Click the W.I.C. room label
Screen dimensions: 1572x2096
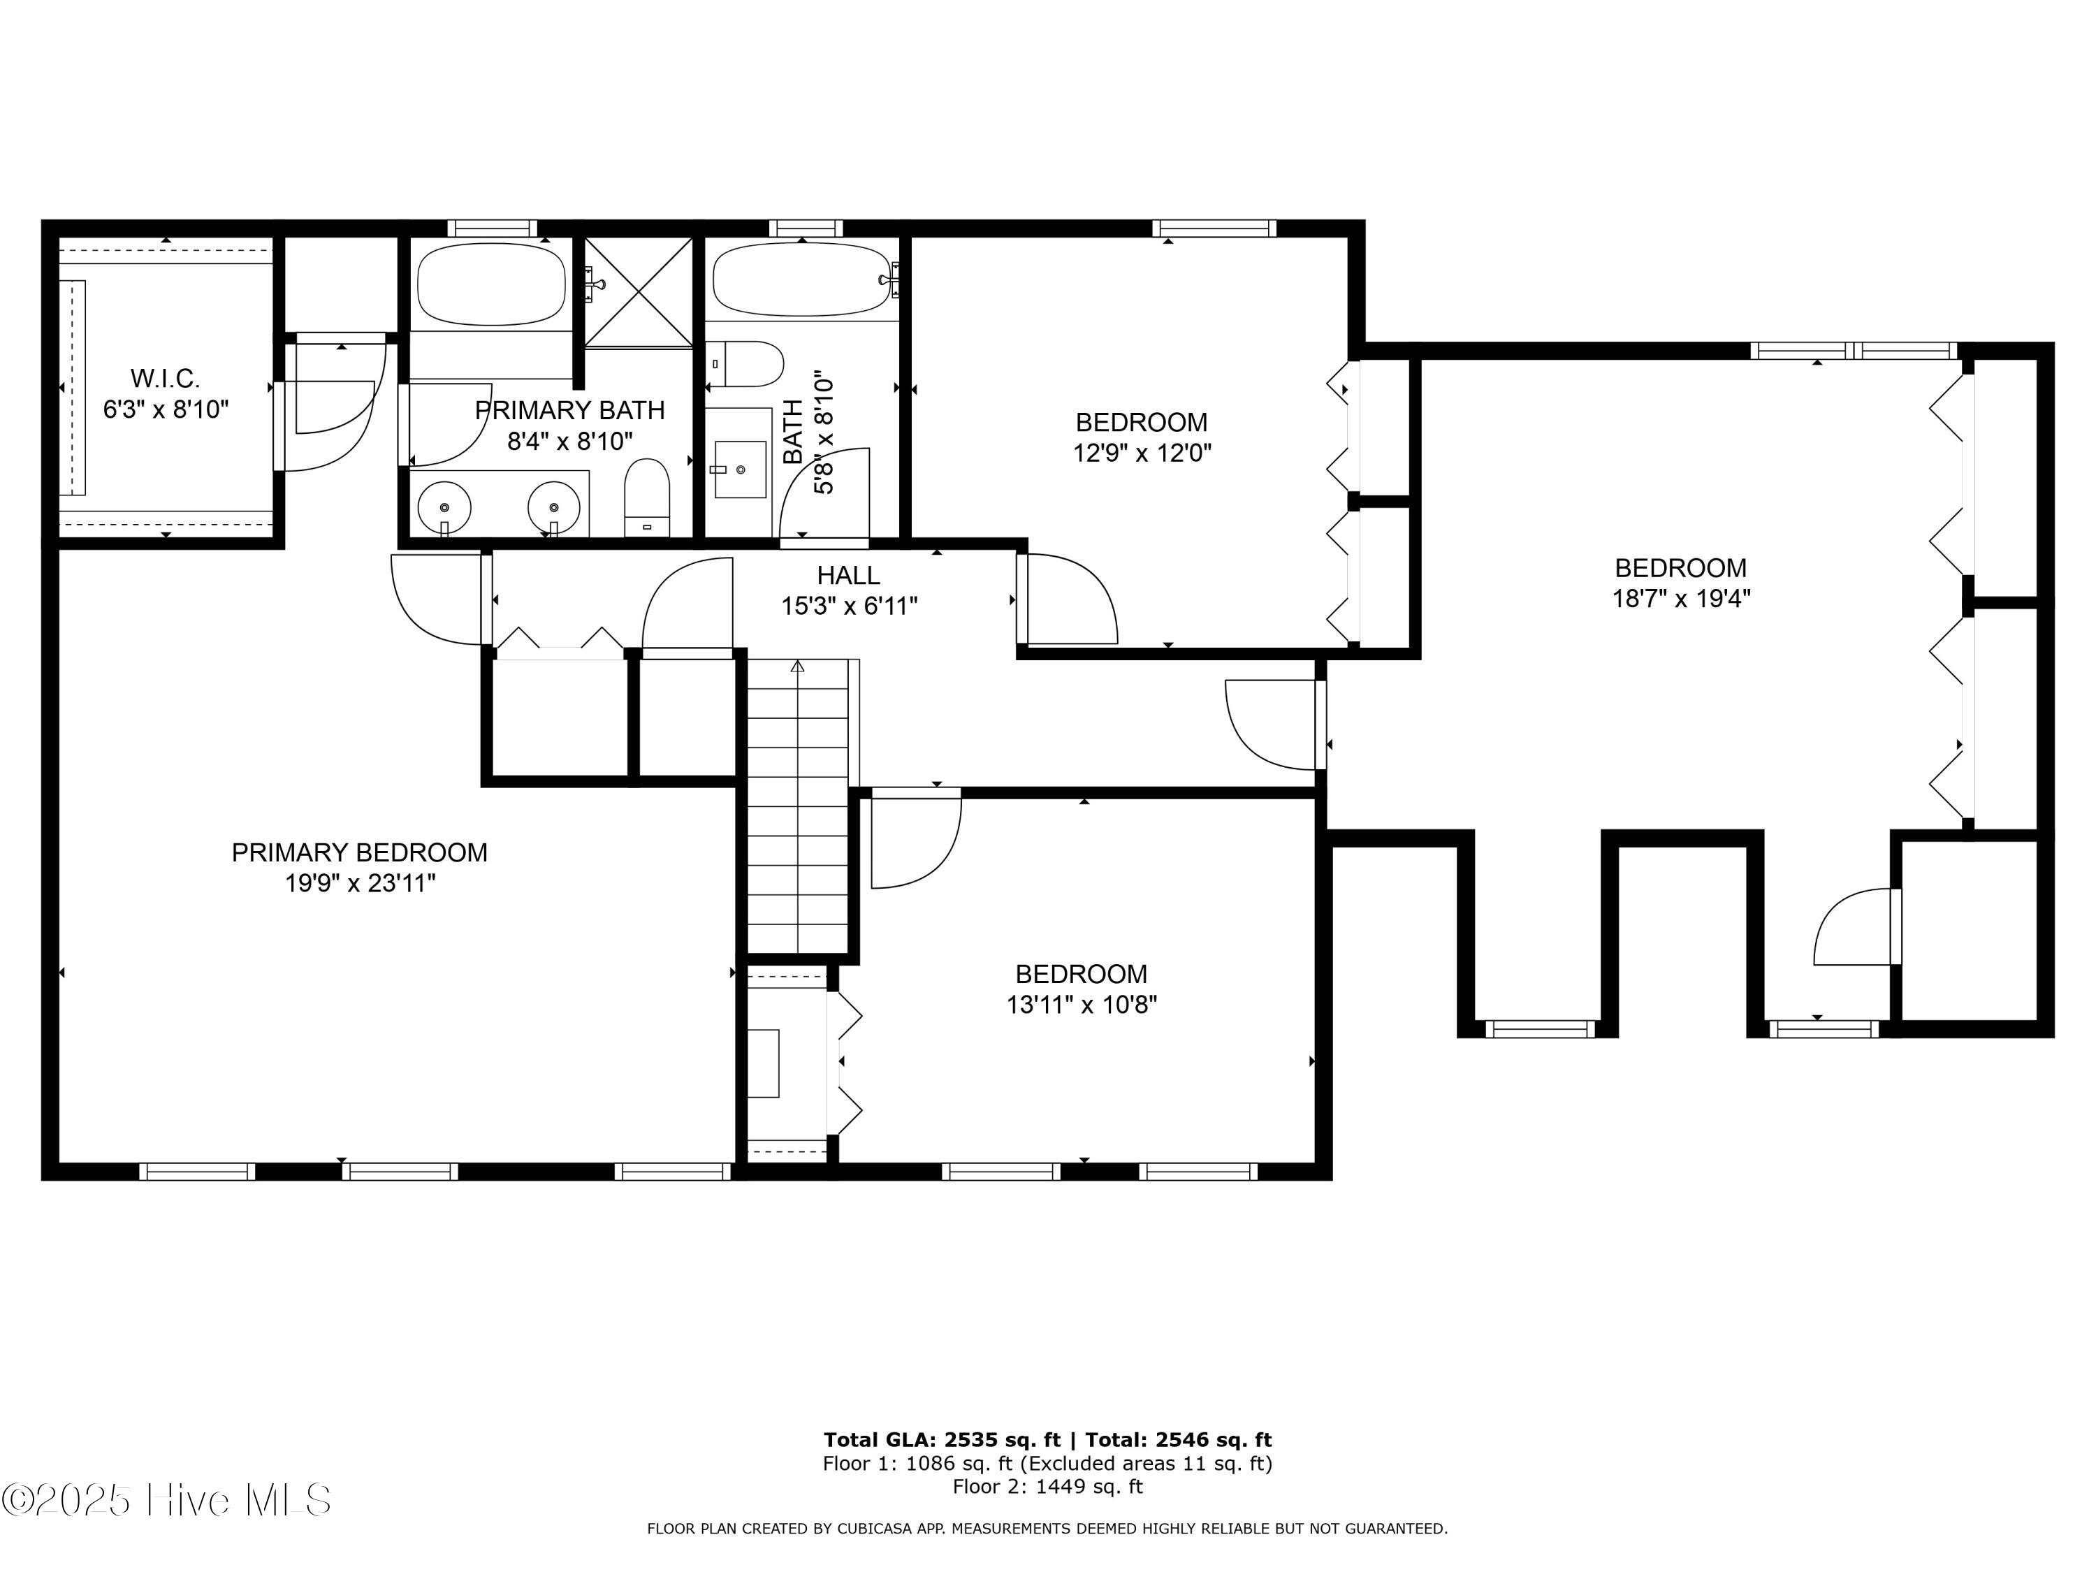tap(165, 379)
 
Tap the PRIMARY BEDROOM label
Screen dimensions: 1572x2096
tap(359, 853)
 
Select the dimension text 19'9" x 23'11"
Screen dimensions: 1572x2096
tap(360, 884)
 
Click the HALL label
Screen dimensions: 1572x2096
tap(848, 575)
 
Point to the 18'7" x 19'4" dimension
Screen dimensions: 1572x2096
tap(1680, 599)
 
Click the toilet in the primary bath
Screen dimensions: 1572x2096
tap(647, 497)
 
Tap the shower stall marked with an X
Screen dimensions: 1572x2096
tap(638, 293)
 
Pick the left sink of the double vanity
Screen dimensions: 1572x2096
tap(444, 507)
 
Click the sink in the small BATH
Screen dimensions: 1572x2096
tap(740, 469)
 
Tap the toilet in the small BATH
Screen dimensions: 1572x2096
tap(750, 365)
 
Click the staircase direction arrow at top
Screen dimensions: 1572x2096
tap(798, 668)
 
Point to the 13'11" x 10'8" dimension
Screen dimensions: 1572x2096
tap(1081, 1005)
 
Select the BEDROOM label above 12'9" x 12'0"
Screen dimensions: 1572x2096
tap(1141, 423)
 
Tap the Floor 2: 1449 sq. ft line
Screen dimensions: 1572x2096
tap(1047, 1486)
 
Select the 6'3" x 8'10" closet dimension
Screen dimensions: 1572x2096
tap(166, 410)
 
